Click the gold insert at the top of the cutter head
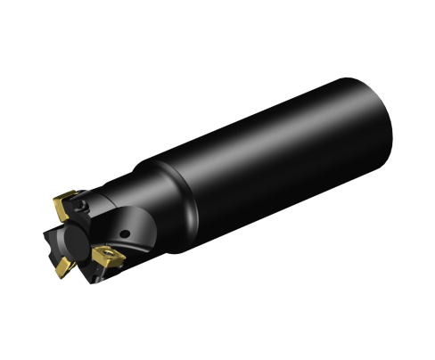click(x=66, y=204)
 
